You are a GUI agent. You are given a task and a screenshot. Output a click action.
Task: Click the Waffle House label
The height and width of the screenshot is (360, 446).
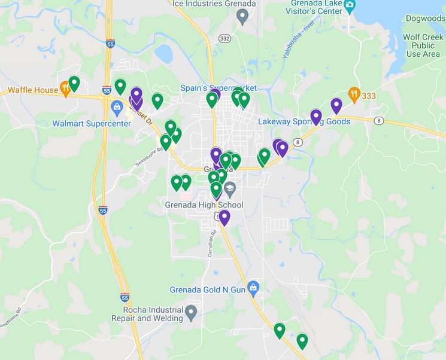(33, 90)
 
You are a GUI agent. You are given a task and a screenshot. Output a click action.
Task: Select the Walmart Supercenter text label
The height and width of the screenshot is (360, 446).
(91, 124)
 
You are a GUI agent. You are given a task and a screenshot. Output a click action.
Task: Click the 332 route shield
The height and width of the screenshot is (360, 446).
(224, 38)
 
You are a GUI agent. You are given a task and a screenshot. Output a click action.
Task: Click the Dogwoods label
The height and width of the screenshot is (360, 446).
(424, 19)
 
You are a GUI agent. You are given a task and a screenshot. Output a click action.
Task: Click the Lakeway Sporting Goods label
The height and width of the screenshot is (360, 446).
(304, 121)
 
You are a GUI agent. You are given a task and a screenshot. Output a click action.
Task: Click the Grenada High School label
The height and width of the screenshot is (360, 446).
(204, 205)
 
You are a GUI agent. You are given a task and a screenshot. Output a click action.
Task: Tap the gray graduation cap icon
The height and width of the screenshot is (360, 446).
(229, 188)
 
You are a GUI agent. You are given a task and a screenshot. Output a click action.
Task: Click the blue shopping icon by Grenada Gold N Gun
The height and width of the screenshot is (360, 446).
(253, 288)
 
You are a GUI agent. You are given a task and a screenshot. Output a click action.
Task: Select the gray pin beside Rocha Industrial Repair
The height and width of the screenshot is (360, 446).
(191, 312)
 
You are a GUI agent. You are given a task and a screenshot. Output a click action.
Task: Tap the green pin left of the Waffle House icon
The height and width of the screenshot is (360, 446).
(74, 83)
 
